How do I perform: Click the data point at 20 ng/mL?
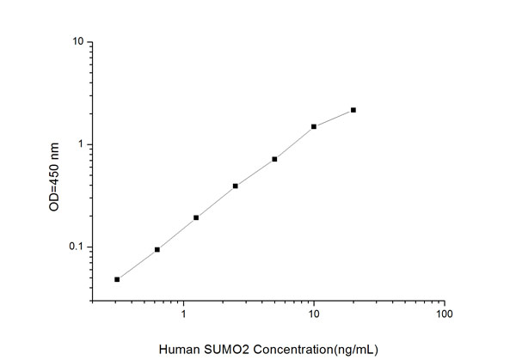click(353, 110)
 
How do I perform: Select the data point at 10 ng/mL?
click(314, 126)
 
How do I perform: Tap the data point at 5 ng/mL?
click(274, 159)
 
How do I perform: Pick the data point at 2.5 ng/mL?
click(236, 186)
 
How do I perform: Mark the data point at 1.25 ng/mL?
click(196, 217)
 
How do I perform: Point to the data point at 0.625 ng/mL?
click(157, 249)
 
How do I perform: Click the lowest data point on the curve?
click(117, 279)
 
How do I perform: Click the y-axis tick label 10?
click(77, 42)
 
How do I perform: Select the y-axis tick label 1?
click(80, 144)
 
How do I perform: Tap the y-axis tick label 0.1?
click(77, 247)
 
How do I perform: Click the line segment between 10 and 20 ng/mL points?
click(334, 118)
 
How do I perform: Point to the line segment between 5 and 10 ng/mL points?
click(294, 143)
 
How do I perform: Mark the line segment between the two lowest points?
click(138, 264)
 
